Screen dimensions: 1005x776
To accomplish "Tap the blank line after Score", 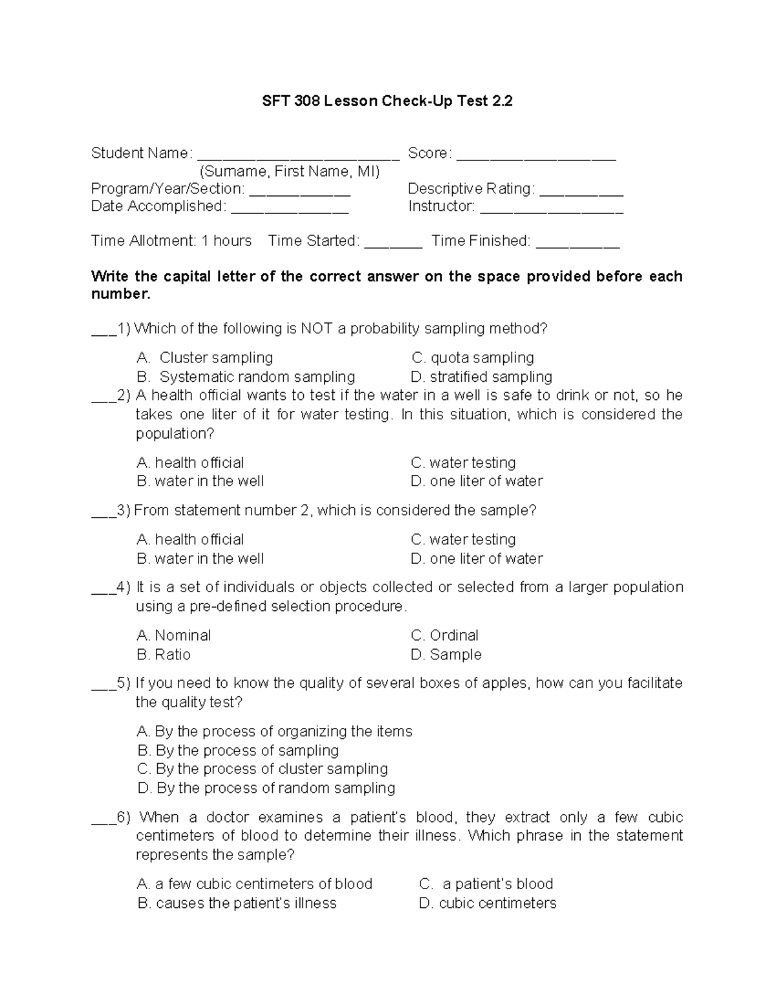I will pyautogui.click(x=536, y=157).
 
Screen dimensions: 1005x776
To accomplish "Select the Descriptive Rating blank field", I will pyautogui.click(x=581, y=193).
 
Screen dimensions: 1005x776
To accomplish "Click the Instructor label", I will pyautogui.click(x=442, y=206).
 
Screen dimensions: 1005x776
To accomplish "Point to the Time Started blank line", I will pyautogui.click(x=393, y=245).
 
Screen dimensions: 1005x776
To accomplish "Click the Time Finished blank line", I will pyautogui.click(x=577, y=245).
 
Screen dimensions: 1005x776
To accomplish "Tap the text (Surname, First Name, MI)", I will pyautogui.click(x=290, y=171).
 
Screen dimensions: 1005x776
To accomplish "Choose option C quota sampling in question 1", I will pyautogui.click(x=473, y=358).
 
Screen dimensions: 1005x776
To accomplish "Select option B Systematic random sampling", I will pyautogui.click(x=246, y=377).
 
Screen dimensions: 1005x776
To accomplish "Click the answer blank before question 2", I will pyautogui.click(x=103, y=399).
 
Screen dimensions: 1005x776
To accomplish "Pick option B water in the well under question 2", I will pyautogui.click(x=200, y=481).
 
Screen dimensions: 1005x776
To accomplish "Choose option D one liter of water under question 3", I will pyautogui.click(x=477, y=558).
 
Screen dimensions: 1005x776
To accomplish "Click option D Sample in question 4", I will pyautogui.click(x=446, y=654).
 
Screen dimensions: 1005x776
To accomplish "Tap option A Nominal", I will pyautogui.click(x=174, y=635).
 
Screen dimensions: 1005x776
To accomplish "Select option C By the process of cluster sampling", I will pyautogui.click(x=263, y=769).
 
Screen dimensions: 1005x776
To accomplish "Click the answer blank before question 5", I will pyautogui.click(x=103, y=687).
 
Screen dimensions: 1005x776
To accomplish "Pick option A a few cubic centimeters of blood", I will pyautogui.click(x=255, y=884).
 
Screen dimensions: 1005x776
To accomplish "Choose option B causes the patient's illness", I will pyautogui.click(x=237, y=903).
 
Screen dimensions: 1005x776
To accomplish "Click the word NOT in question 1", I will pyautogui.click(x=316, y=329).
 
